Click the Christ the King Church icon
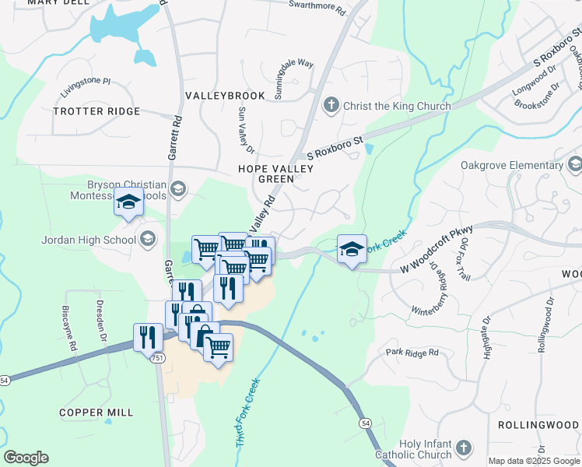click(x=331, y=105)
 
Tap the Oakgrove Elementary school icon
click(x=574, y=164)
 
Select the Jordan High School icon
click(x=148, y=239)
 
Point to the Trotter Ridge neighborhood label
click(x=97, y=111)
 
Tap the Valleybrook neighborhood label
click(x=225, y=95)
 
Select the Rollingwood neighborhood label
click(x=539, y=425)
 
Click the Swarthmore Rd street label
click(x=317, y=7)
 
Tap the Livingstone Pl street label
click(x=86, y=81)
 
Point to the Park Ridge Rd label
click(x=412, y=353)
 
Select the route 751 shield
click(x=159, y=359)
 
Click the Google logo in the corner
click(x=26, y=457)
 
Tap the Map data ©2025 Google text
click(x=534, y=461)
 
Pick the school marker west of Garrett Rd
click(x=128, y=203)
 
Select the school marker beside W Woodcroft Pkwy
click(x=352, y=250)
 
